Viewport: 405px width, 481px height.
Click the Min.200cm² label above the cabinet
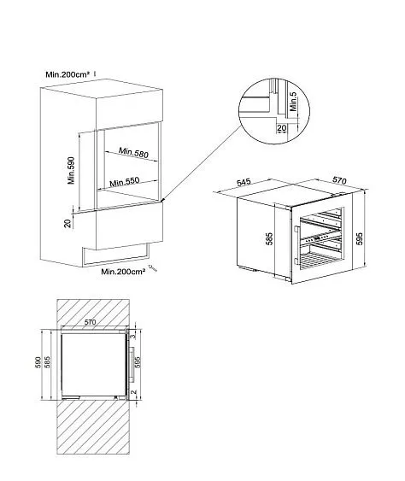(x=67, y=74)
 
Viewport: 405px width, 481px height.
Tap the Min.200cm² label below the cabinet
(x=120, y=272)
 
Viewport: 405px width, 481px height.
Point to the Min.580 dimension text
(x=135, y=153)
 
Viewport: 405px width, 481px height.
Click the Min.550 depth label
(x=127, y=183)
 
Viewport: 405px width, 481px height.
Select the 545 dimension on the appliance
(x=244, y=183)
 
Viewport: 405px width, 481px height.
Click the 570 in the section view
(x=91, y=321)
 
